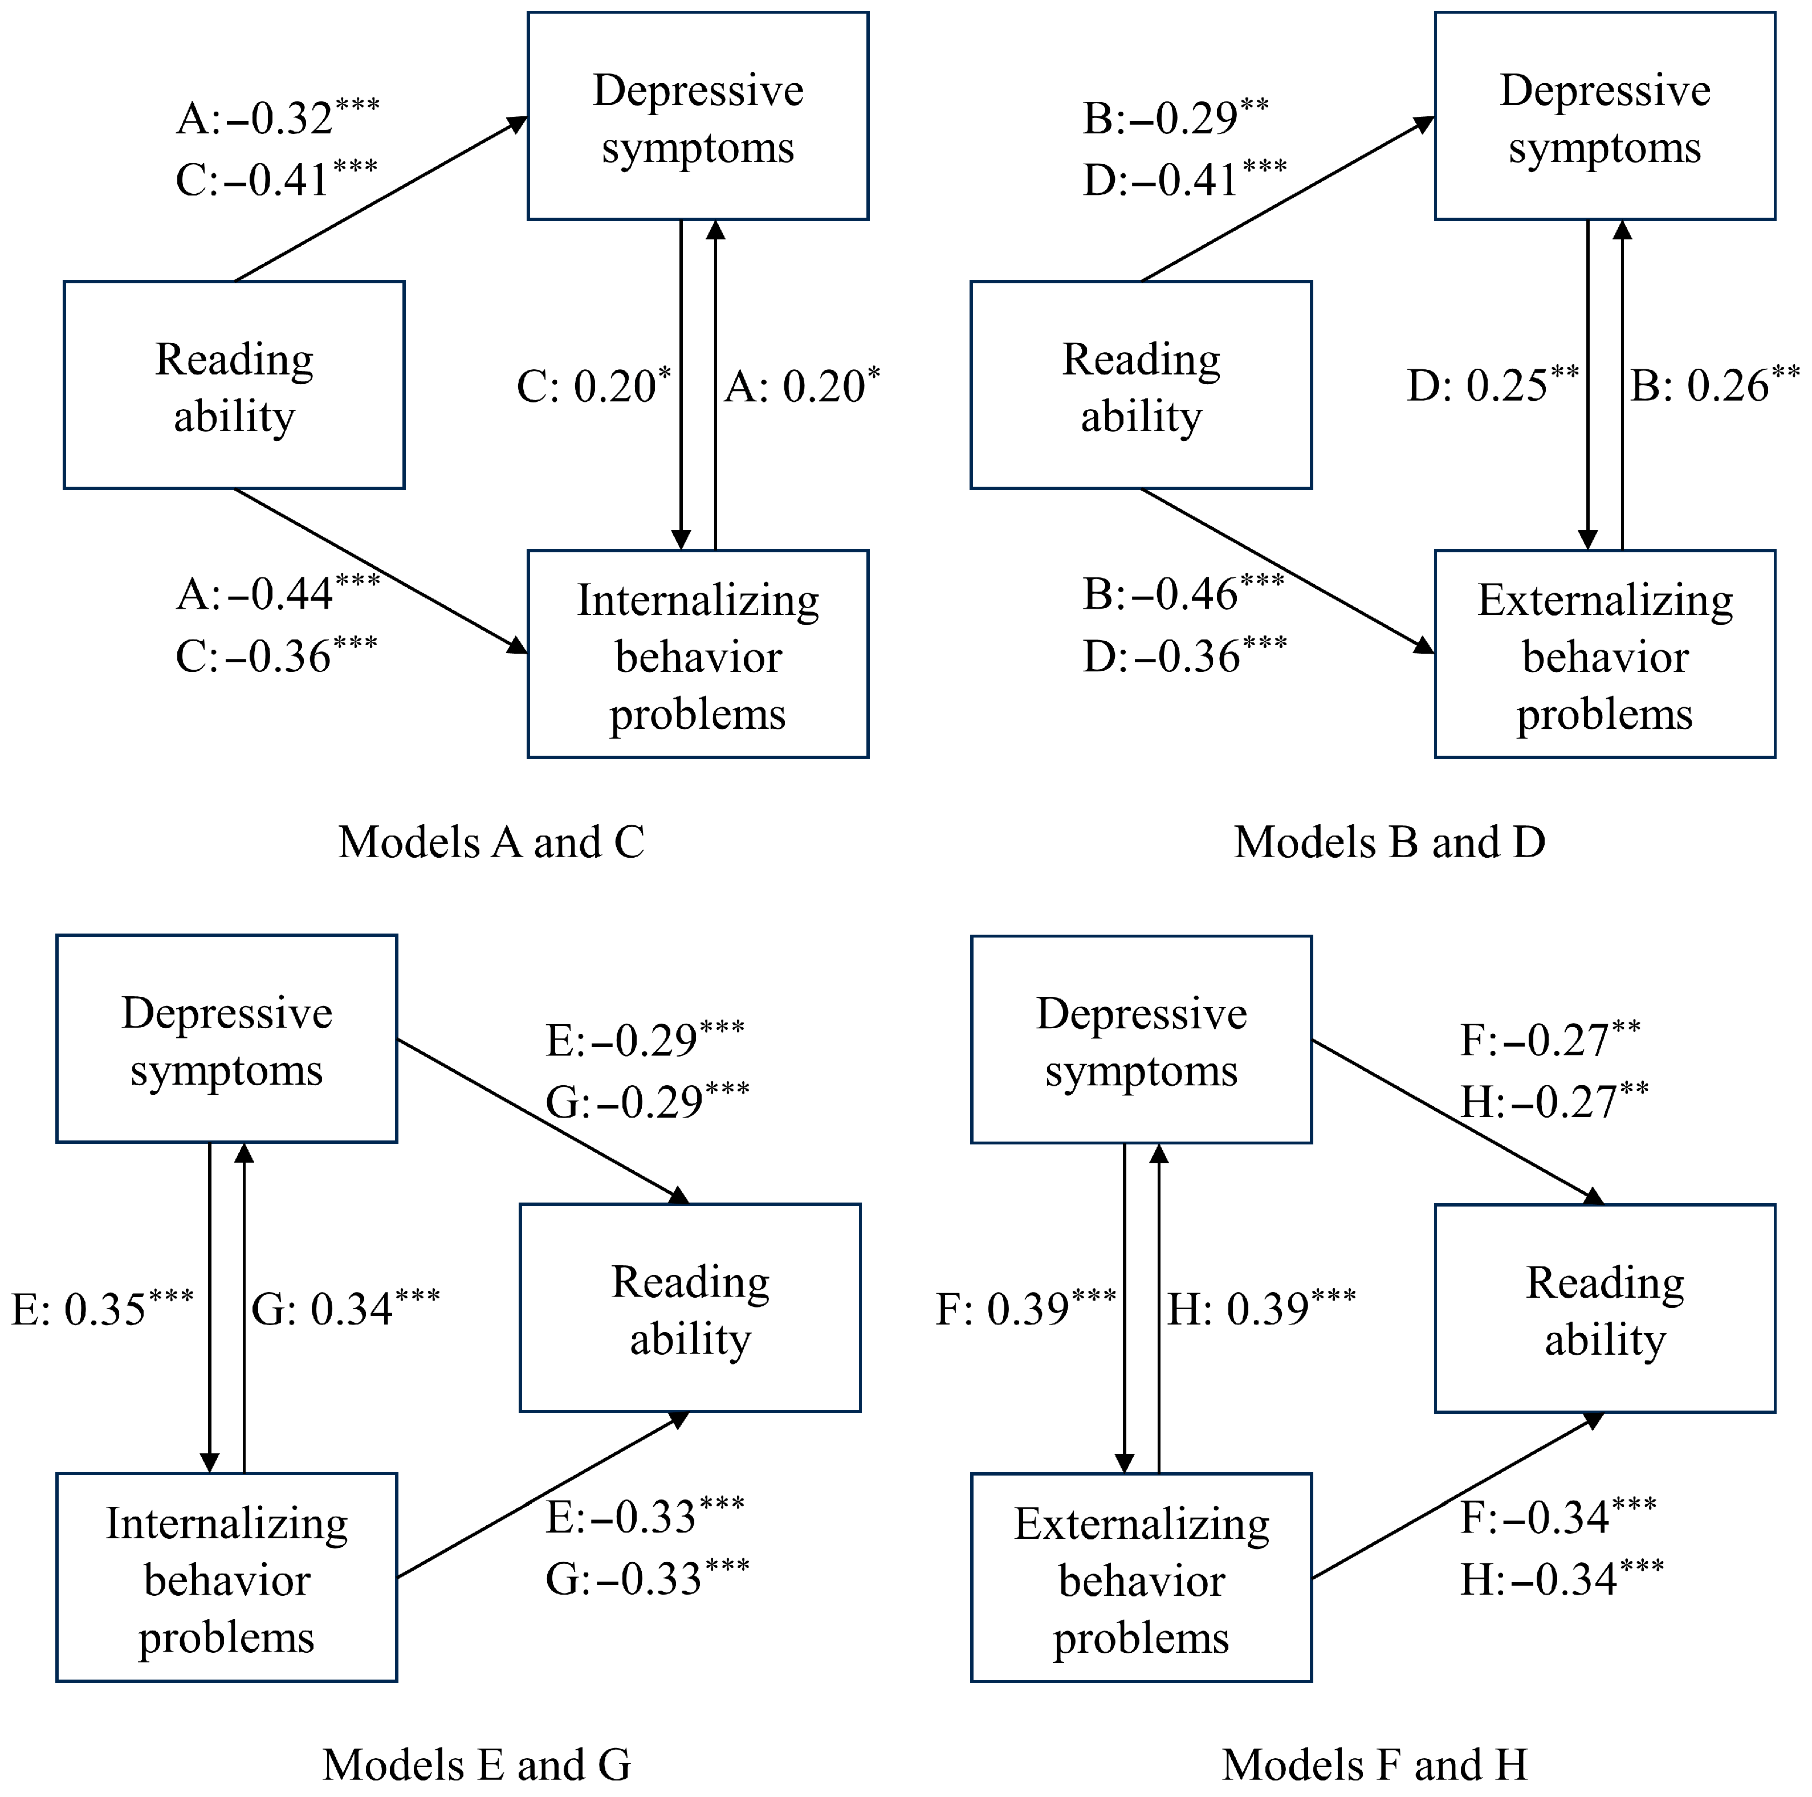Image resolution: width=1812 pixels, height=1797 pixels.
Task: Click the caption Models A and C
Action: point(491,842)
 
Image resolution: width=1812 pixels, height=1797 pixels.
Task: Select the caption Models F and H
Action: point(1375,1765)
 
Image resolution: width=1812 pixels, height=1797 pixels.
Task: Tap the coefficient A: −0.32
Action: point(278,118)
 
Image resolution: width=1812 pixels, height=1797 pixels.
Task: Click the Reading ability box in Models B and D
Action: point(1141,385)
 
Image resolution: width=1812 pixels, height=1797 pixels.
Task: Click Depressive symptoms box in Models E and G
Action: point(227,1039)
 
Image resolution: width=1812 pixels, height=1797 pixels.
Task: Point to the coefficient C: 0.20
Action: point(594,385)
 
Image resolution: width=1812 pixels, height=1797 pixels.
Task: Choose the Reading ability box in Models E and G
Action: point(690,1309)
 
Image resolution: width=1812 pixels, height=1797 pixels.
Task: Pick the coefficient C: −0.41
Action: point(276,179)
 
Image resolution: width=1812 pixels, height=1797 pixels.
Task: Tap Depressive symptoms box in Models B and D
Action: point(1605,116)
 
